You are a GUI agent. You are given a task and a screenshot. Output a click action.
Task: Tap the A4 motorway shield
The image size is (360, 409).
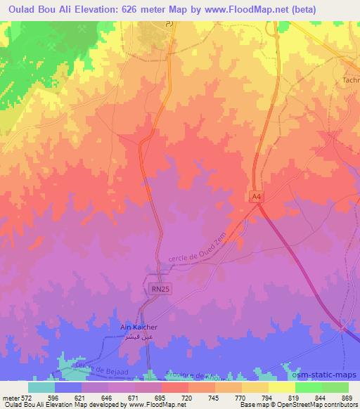257,199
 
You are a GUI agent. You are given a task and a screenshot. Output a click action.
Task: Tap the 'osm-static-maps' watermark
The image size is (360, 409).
330,376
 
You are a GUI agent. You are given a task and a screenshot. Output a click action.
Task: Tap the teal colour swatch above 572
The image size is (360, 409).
41,387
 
